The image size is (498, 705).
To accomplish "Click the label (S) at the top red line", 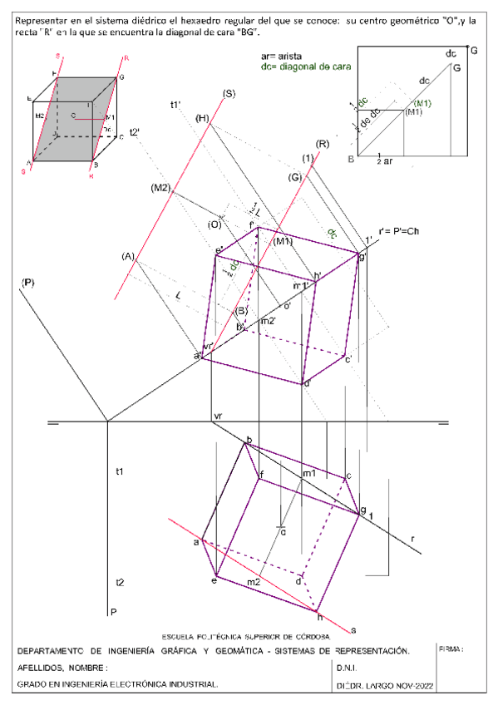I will pos(228,92).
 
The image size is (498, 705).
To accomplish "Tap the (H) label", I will pos(202,118).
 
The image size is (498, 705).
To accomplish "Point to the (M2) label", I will pos(160,189).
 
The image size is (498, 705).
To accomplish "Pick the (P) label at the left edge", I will pos(27,284).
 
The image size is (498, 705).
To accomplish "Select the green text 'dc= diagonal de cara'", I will pos(307,65).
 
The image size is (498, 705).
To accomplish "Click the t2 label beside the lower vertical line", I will pos(121,582).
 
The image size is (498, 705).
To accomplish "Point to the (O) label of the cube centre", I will pos(214,224).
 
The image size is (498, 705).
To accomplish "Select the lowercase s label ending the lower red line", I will pos(353,629).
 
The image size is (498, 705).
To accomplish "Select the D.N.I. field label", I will pos(348,668).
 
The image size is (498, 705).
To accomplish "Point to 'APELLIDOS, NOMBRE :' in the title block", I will pos(62,668).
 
